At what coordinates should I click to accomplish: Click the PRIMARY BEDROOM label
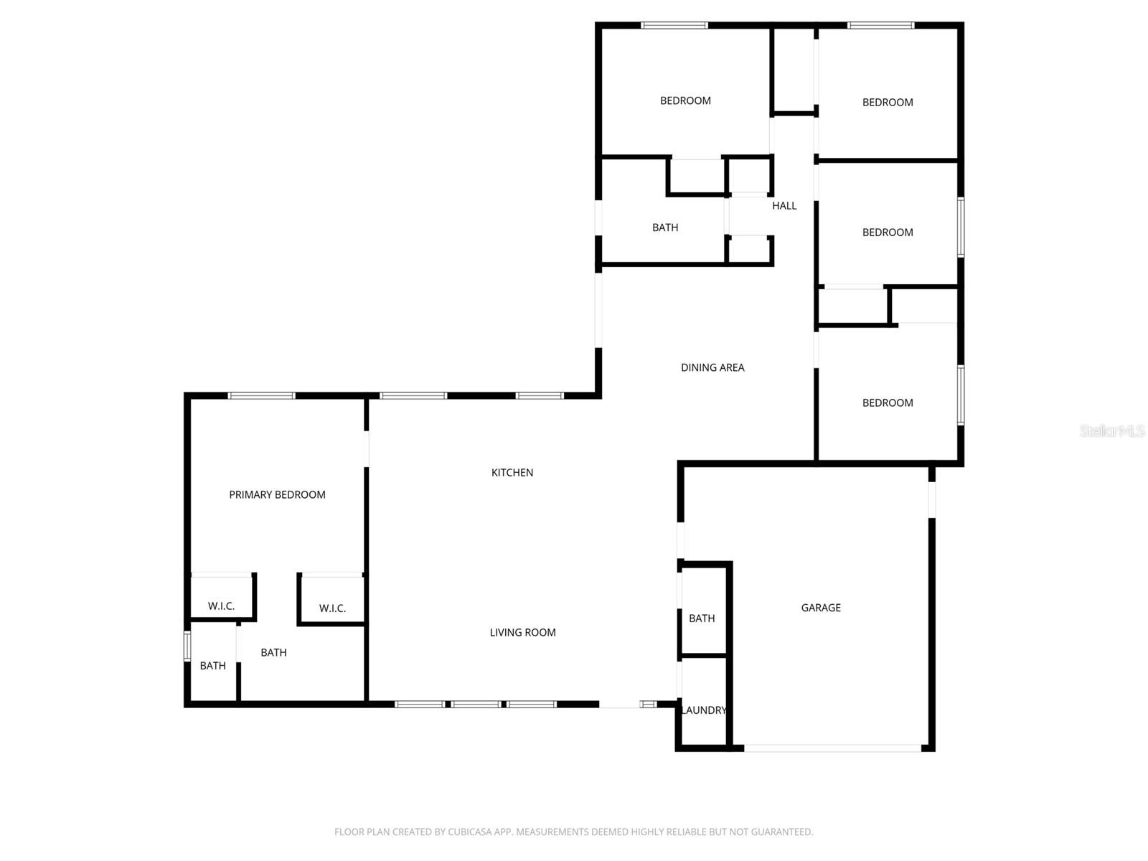point(277,494)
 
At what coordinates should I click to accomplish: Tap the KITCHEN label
point(512,472)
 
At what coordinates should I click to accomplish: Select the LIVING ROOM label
point(522,632)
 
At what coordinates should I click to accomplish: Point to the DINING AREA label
point(712,367)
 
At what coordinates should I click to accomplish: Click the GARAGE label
point(821,608)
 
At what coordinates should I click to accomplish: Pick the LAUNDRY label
point(703,710)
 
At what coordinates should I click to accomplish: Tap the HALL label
point(784,206)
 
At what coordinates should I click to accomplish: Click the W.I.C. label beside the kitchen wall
point(332,608)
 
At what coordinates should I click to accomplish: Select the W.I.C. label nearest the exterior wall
point(221,606)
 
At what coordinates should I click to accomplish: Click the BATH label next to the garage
point(702,618)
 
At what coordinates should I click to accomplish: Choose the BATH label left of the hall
point(665,227)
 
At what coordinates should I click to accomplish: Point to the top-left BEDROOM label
point(685,100)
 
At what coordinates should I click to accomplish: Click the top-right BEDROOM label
point(888,103)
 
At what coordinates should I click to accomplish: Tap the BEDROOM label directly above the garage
point(888,403)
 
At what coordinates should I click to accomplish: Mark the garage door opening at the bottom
point(832,748)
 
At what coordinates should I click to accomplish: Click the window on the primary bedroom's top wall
point(261,395)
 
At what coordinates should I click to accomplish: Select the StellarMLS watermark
point(1111,430)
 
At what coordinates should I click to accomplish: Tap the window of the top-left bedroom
point(674,26)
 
